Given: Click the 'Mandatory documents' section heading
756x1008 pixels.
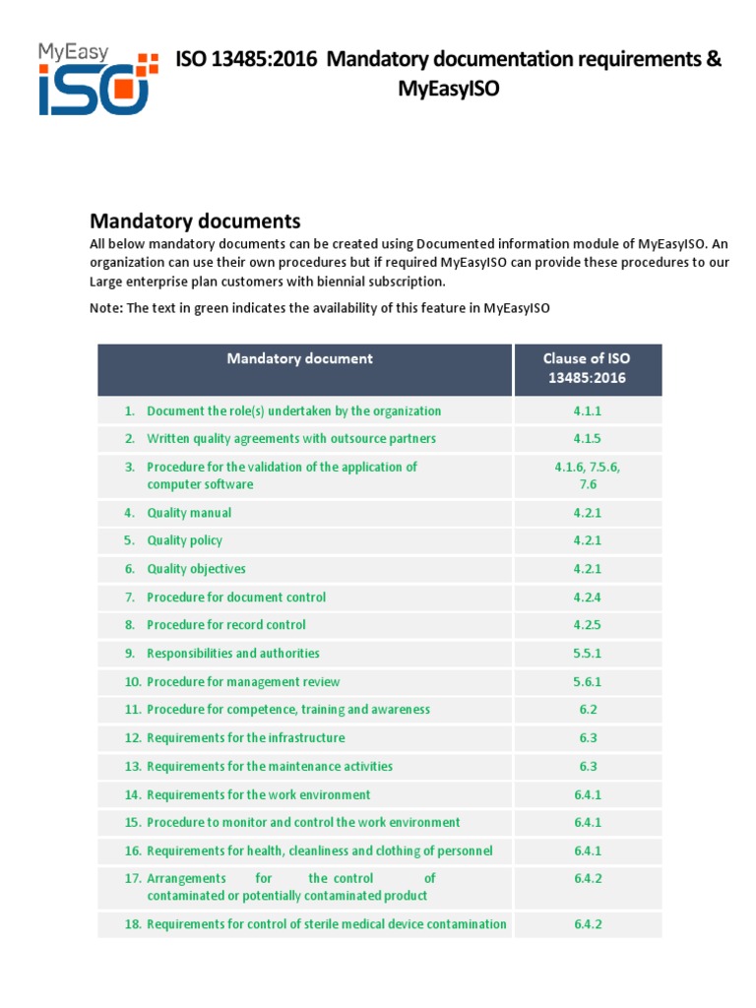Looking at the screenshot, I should point(195,220).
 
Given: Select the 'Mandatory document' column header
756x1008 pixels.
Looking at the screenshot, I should point(299,359).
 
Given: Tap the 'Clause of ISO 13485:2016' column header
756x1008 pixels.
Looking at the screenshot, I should point(588,368).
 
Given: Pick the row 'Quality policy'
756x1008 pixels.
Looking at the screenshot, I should point(184,540).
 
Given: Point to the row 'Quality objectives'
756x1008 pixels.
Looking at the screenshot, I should point(196,569).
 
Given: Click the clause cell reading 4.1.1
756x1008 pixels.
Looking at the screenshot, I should point(588,411).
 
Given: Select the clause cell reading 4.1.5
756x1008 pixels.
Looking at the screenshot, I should point(588,439).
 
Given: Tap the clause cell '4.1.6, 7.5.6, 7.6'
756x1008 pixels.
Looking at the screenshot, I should point(588,475).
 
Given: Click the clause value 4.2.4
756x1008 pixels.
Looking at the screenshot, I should point(588,598).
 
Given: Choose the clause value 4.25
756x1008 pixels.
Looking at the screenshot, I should point(588,625).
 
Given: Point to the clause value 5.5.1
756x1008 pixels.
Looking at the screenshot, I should point(588,654).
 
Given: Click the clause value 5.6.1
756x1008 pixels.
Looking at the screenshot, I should point(588,682).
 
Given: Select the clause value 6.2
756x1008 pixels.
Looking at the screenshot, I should point(588,710).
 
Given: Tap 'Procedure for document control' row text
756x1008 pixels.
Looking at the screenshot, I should point(236,598).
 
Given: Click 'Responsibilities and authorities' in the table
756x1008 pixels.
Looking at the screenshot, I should point(233,654).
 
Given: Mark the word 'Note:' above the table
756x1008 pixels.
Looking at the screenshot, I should point(105,308).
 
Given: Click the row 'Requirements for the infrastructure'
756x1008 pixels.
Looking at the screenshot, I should point(246,738).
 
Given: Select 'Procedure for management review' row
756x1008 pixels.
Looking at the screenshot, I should point(243,682).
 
